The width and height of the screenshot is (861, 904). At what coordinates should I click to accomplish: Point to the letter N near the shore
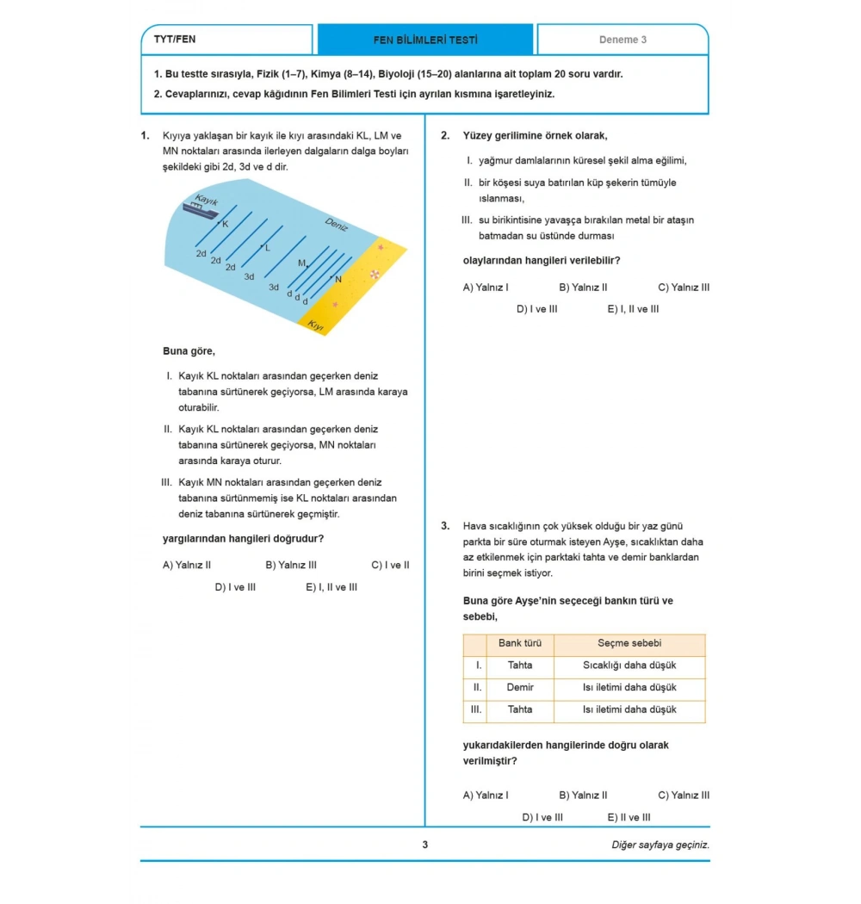[338, 279]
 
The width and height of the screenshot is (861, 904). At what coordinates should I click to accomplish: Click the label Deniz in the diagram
[336, 225]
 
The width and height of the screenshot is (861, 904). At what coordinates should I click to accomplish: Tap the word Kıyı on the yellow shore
[315, 325]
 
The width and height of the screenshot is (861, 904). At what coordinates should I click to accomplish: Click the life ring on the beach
[374, 274]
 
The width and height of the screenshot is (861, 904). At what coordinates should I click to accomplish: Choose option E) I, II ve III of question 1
[331, 587]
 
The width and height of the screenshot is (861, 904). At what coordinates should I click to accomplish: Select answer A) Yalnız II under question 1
[187, 566]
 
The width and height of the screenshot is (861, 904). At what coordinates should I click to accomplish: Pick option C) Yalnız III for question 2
[684, 288]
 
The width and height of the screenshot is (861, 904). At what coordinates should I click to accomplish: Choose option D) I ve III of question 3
[542, 818]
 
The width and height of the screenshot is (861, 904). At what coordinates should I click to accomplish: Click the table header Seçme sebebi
[629, 644]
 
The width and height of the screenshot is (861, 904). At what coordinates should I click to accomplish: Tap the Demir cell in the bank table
[520, 688]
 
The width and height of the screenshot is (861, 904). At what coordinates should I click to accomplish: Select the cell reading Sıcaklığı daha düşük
[629, 666]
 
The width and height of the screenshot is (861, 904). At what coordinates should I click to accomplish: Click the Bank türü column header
[520, 644]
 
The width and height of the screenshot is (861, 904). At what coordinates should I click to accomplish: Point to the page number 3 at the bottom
[424, 845]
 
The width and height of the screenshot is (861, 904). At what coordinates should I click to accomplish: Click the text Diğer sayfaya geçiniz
[660, 845]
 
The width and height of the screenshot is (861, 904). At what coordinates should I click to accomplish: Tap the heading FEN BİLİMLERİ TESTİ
[425, 40]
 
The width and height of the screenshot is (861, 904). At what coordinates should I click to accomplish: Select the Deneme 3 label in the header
[623, 40]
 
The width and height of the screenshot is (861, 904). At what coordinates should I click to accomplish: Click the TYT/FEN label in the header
[175, 40]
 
